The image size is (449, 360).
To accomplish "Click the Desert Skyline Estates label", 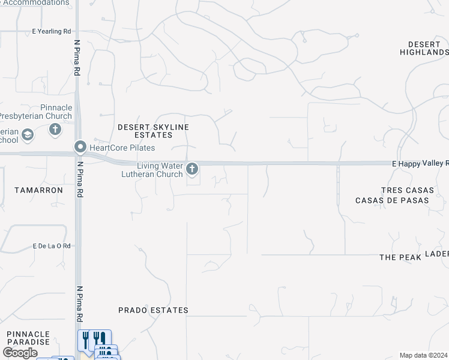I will click(153, 131).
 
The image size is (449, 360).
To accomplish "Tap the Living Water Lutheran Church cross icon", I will click(192, 169).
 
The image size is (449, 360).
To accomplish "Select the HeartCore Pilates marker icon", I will click(80, 147).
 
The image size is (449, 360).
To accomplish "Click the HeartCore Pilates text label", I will click(122, 148).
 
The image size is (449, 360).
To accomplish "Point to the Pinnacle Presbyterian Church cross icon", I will click(55, 129).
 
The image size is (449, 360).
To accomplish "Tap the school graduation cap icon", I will click(27, 136).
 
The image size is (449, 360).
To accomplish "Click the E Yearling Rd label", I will click(52, 31).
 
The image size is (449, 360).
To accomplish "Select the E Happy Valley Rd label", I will click(420, 163).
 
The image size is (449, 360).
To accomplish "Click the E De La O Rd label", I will click(52, 246).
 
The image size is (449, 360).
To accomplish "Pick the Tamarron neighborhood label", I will click(38, 190).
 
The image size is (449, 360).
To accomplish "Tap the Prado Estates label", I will click(153, 310).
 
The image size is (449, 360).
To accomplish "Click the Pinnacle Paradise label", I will click(28, 338).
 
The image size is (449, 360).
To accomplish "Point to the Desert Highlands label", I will click(424, 49).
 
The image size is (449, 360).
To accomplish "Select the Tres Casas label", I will click(407, 190).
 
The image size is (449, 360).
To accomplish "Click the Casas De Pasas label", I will click(393, 200).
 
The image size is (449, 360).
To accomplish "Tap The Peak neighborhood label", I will click(397, 257).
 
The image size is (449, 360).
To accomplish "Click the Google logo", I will click(20, 353).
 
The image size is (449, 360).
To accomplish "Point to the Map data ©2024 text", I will click(423, 355).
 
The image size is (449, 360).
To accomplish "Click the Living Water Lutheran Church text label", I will click(160, 170).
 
